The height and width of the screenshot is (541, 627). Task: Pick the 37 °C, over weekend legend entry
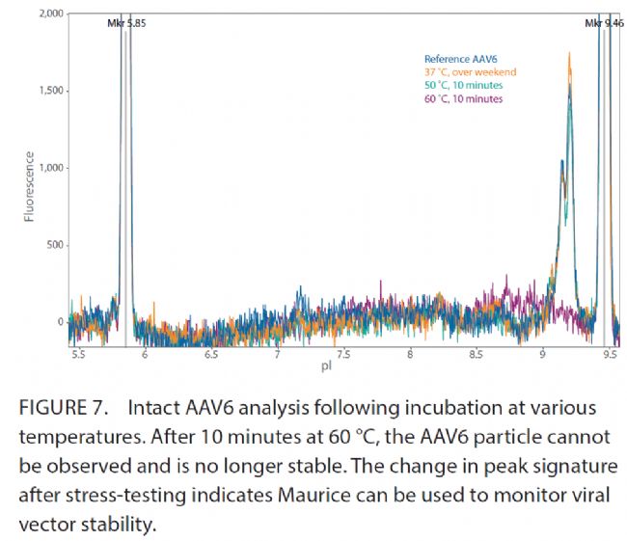471,72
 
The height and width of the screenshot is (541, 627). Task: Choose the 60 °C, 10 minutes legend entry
464,98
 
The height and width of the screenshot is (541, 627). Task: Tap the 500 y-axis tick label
52,245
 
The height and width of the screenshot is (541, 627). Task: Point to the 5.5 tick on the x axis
78,355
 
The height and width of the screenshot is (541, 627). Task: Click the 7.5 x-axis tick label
343,355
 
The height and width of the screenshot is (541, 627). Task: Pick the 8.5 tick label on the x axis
476,355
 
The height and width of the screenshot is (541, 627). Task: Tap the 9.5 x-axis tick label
609,355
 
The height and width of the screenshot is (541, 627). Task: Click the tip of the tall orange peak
570,54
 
